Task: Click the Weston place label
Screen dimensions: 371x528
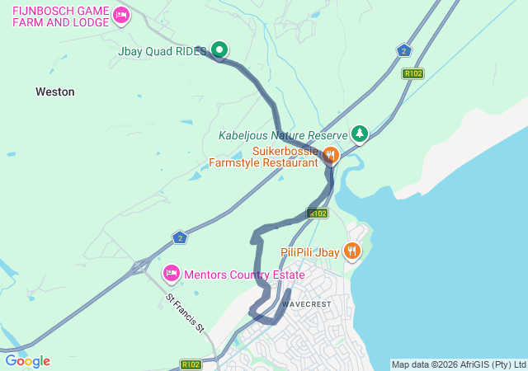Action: point(55,92)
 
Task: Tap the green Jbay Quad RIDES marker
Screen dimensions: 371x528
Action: point(219,50)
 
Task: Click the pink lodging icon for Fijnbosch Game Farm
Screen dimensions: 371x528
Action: point(121,14)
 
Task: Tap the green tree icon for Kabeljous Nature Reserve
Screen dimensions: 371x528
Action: point(359,133)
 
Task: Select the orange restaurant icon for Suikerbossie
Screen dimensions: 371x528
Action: point(330,154)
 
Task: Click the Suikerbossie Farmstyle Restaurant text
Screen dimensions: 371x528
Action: point(263,157)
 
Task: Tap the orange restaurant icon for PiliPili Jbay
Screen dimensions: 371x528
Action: point(352,250)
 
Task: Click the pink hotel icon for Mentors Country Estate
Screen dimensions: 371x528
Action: point(172,272)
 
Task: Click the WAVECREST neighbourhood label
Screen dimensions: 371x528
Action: point(307,303)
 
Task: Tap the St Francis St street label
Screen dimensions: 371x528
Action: point(185,313)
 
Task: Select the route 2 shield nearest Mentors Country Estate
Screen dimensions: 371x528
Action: point(180,238)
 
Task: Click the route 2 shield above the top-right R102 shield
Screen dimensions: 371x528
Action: point(403,51)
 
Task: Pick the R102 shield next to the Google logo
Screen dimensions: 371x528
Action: point(191,364)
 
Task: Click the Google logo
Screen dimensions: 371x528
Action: point(27,361)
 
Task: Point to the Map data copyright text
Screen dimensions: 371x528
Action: point(458,364)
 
